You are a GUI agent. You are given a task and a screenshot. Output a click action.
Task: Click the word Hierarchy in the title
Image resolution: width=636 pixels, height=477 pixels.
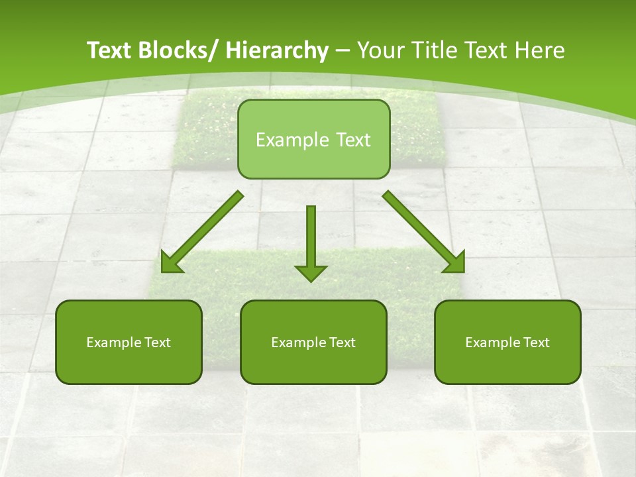click(x=277, y=50)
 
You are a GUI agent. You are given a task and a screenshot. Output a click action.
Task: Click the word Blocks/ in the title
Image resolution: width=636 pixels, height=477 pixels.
click(x=174, y=50)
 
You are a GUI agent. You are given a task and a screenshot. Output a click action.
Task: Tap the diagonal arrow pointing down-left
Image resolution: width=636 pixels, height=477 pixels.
click(x=205, y=229)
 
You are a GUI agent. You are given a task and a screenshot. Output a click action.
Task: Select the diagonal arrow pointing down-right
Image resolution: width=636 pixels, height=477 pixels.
click(x=421, y=229)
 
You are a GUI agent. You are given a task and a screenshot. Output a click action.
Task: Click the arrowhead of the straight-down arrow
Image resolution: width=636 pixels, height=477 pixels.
click(x=311, y=272)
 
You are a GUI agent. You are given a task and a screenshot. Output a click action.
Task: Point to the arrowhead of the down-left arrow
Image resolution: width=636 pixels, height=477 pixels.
click(x=171, y=262)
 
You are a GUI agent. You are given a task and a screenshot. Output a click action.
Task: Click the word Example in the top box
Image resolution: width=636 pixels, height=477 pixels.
click(x=286, y=140)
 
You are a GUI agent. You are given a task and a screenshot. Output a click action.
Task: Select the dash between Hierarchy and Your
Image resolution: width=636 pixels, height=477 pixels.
click(x=343, y=51)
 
